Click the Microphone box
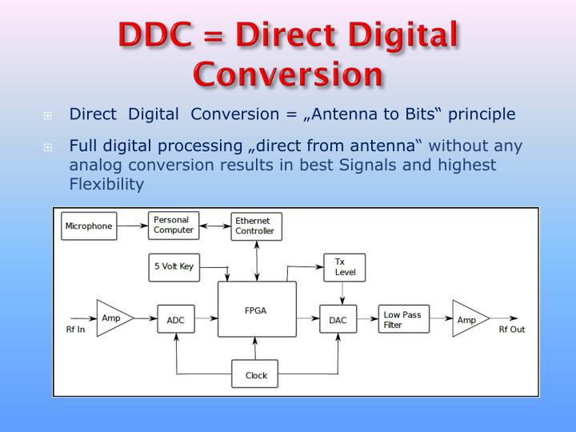click(x=88, y=226)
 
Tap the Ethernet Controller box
click(x=254, y=226)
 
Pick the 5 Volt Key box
click(x=174, y=266)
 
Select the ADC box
click(x=175, y=319)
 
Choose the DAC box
click(x=336, y=319)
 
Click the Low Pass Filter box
click(x=402, y=320)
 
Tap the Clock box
click(x=256, y=374)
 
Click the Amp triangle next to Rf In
click(x=111, y=318)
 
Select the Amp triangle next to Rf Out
click(x=467, y=319)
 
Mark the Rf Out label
click(x=512, y=330)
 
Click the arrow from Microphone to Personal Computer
click(x=131, y=226)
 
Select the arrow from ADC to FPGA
click(x=206, y=319)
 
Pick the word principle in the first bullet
click(x=482, y=114)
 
